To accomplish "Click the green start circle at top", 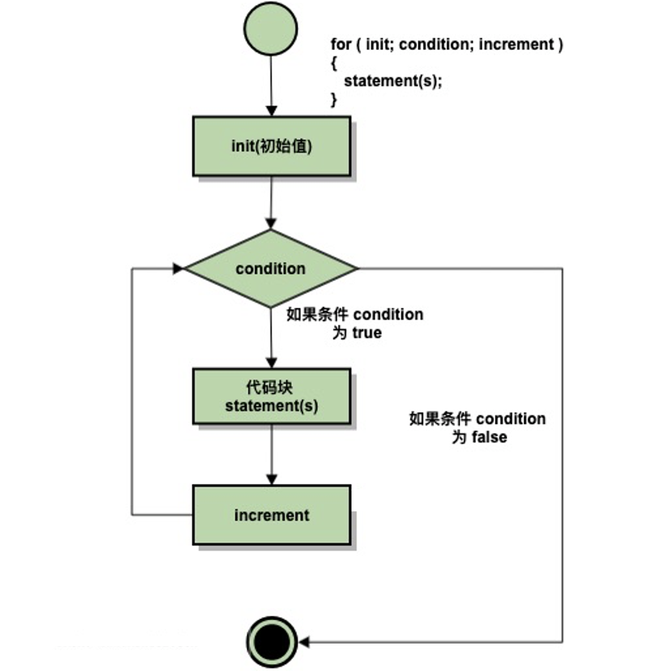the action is [271, 29].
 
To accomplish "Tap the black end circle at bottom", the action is [272, 642].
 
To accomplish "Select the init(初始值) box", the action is [272, 146].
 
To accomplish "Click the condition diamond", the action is [271, 269].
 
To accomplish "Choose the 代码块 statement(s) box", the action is [272, 396].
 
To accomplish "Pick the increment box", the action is [272, 515].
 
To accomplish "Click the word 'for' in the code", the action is [341, 44].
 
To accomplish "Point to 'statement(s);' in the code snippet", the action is [393, 81].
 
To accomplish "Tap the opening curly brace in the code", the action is [334, 64].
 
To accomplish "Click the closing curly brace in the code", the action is [334, 100].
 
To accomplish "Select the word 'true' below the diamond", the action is [367, 332].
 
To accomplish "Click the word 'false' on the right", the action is [489, 437].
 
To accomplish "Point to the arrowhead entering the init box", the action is [271, 110].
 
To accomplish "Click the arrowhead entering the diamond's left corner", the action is [178, 269].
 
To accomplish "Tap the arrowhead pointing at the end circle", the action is [304, 642].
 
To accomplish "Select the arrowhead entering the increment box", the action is [272, 480].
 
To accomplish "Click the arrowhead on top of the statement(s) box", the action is [271, 363].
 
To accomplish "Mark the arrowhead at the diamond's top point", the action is [271, 224].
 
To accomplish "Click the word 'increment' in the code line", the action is [516, 44].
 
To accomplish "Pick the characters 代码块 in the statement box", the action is [270, 387].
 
